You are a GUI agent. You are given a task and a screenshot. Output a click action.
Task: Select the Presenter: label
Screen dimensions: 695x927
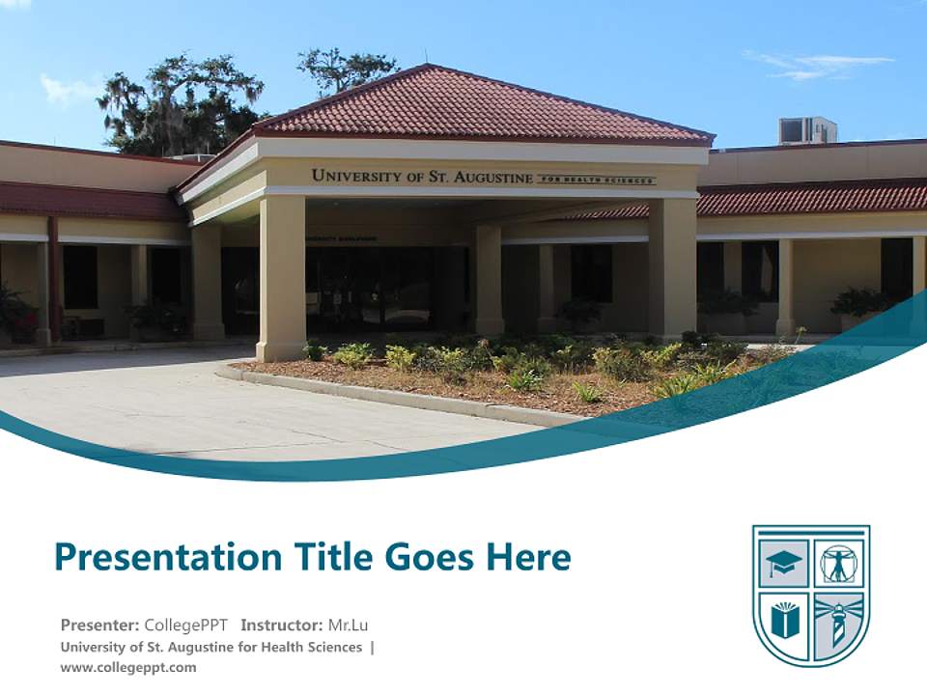tap(99, 625)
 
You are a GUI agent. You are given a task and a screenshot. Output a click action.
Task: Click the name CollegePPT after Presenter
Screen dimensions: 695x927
tap(185, 625)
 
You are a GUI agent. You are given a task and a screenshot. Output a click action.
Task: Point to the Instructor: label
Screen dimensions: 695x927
tap(282, 625)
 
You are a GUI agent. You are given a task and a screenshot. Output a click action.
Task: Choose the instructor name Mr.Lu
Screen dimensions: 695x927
tap(349, 625)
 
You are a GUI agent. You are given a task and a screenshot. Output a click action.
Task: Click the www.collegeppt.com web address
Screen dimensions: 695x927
tap(127, 667)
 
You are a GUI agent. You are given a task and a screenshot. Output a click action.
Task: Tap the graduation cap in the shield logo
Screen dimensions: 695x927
tap(783, 564)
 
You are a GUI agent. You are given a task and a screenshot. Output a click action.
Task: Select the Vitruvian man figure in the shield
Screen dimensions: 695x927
tap(838, 564)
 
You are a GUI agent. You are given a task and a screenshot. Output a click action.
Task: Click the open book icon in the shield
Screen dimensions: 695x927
tap(784, 619)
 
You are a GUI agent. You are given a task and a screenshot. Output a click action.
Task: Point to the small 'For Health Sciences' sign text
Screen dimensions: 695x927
tap(596, 180)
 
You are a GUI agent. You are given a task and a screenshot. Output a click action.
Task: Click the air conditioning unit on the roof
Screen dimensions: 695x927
tap(807, 130)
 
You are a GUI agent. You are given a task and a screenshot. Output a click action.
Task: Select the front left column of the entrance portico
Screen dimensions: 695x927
tap(282, 277)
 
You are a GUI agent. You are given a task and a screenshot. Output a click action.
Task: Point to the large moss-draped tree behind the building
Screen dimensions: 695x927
tap(179, 101)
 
